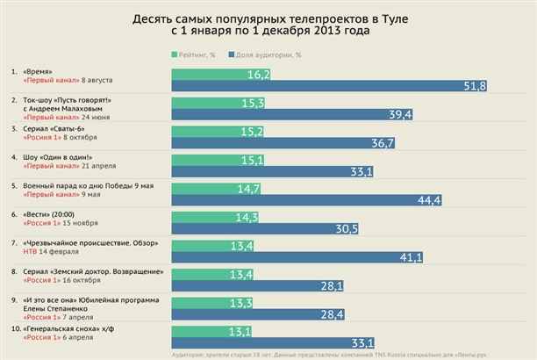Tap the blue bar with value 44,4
[x=307, y=200]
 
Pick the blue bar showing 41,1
[x=298, y=257]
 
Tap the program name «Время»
[x=39, y=70]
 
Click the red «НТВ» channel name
[x=32, y=251]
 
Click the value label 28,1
[x=332, y=285]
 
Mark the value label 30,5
[x=347, y=229]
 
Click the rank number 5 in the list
[x=13, y=185]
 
